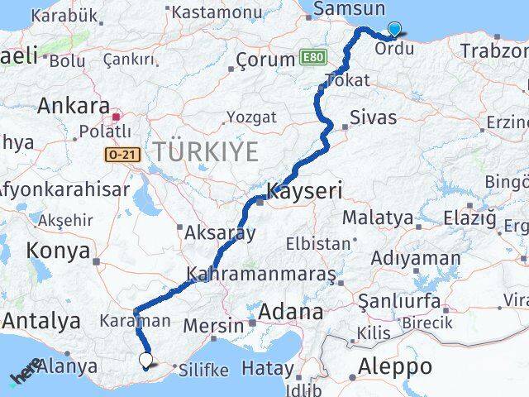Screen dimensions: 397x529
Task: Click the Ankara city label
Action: [74, 107]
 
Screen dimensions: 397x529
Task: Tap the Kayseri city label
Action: [304, 191]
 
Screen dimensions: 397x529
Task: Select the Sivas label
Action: [373, 117]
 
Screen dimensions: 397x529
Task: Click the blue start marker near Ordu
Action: [393, 29]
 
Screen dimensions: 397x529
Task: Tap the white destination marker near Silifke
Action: [146, 360]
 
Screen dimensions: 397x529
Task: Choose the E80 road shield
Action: [313, 57]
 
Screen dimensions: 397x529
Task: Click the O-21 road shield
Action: [119, 154]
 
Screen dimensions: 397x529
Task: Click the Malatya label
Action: [377, 218]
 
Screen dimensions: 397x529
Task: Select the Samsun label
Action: [350, 9]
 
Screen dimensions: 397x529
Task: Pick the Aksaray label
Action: [221, 232]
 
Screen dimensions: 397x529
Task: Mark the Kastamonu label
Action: [218, 12]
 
